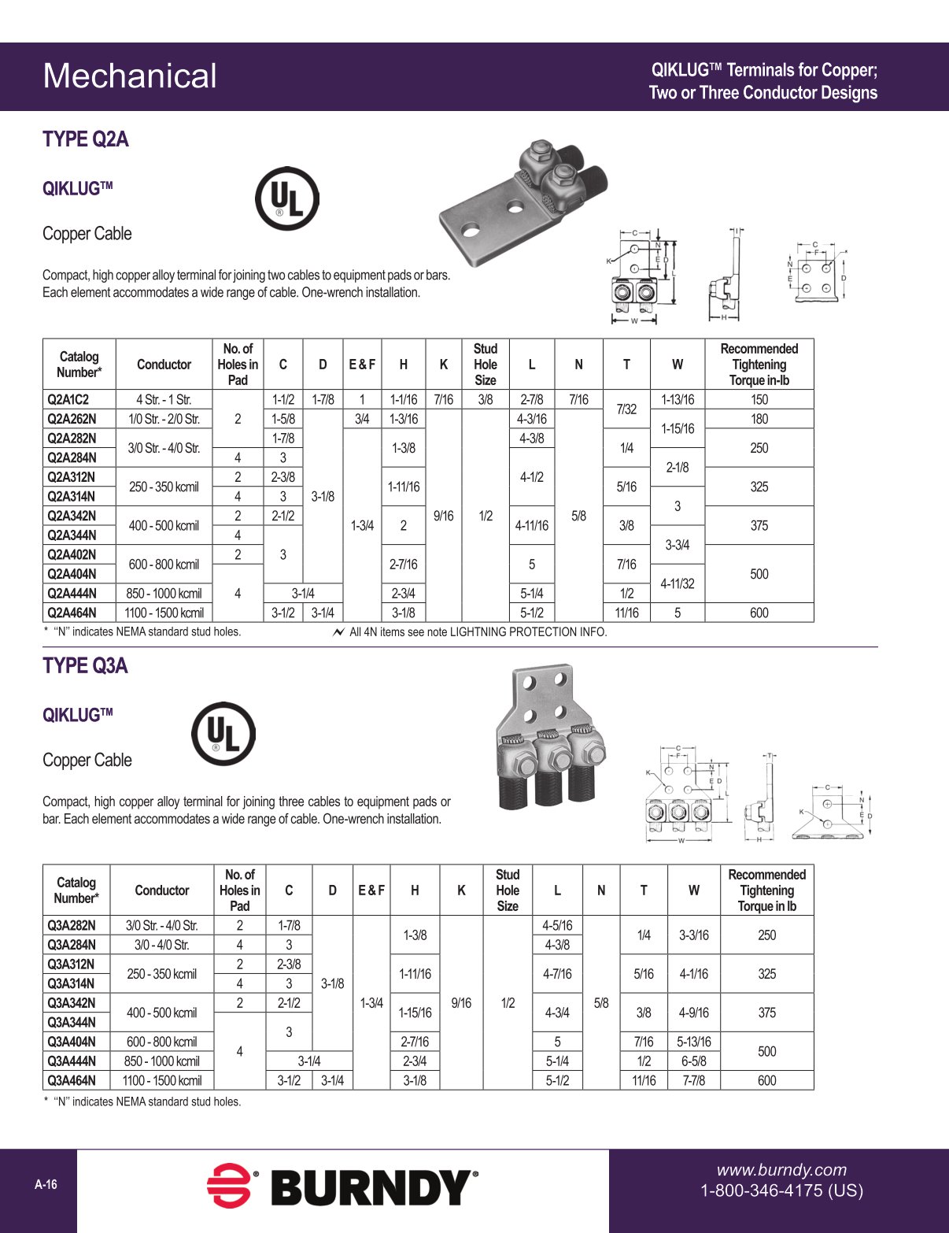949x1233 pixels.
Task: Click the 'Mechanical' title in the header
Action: click(x=130, y=76)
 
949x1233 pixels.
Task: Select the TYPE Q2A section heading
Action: click(x=85, y=139)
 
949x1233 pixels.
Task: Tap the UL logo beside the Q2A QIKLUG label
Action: click(x=286, y=198)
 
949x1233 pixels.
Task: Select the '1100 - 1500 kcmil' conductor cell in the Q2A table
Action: click(x=164, y=613)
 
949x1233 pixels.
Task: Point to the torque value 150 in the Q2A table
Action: click(x=759, y=399)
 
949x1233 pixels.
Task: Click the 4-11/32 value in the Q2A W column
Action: click(x=677, y=583)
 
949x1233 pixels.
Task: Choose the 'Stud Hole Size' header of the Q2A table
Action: click(x=485, y=364)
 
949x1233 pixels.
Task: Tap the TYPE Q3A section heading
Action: click(x=85, y=666)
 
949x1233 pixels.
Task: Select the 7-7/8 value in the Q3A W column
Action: click(x=693, y=1080)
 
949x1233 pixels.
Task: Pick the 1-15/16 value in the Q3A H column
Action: click(x=415, y=1013)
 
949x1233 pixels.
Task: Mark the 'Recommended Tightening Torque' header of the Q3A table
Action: click(x=766, y=890)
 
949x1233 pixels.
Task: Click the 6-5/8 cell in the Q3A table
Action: click(x=693, y=1061)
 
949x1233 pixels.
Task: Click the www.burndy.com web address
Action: click(x=781, y=1170)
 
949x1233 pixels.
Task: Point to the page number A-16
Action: click(x=46, y=1185)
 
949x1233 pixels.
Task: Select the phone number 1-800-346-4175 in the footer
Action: click(x=781, y=1190)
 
